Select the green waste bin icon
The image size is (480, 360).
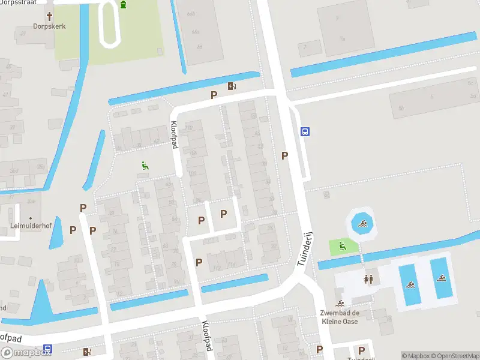pyautogui.click(x=124, y=5)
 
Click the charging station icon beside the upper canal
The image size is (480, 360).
pyautogui.click(x=232, y=86)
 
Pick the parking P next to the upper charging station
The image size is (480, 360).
pyautogui.click(x=214, y=95)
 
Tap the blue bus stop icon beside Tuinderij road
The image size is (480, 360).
pyautogui.click(x=305, y=132)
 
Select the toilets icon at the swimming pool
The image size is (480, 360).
pyautogui.click(x=368, y=279)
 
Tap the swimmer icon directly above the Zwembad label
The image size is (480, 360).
pyautogui.click(x=340, y=304)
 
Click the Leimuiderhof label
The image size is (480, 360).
pyautogui.click(x=29, y=227)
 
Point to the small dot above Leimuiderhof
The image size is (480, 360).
pyautogui.click(x=30, y=218)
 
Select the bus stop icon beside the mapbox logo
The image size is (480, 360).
pyautogui.click(x=47, y=348)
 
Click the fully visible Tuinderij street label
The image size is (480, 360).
pyautogui.click(x=305, y=248)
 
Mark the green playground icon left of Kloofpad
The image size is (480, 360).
pyautogui.click(x=145, y=166)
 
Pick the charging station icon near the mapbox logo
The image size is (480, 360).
pyautogui.click(x=88, y=352)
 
